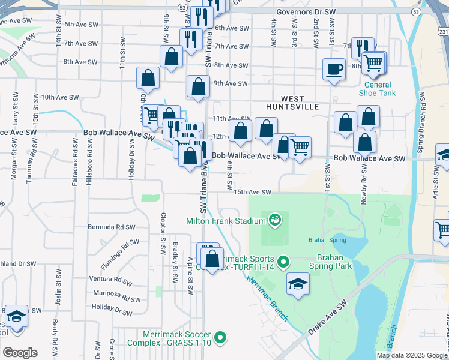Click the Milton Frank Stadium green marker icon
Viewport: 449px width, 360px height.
[x=276, y=221]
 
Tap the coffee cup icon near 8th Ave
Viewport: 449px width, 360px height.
[x=334, y=68]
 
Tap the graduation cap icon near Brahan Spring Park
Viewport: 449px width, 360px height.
[x=298, y=284]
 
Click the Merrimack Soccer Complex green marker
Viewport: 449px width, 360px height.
[x=221, y=338]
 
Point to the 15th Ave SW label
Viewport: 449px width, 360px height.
[x=253, y=192]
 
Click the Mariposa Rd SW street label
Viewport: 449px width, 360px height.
[x=116, y=296]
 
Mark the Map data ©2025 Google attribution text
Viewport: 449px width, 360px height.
[x=411, y=355]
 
